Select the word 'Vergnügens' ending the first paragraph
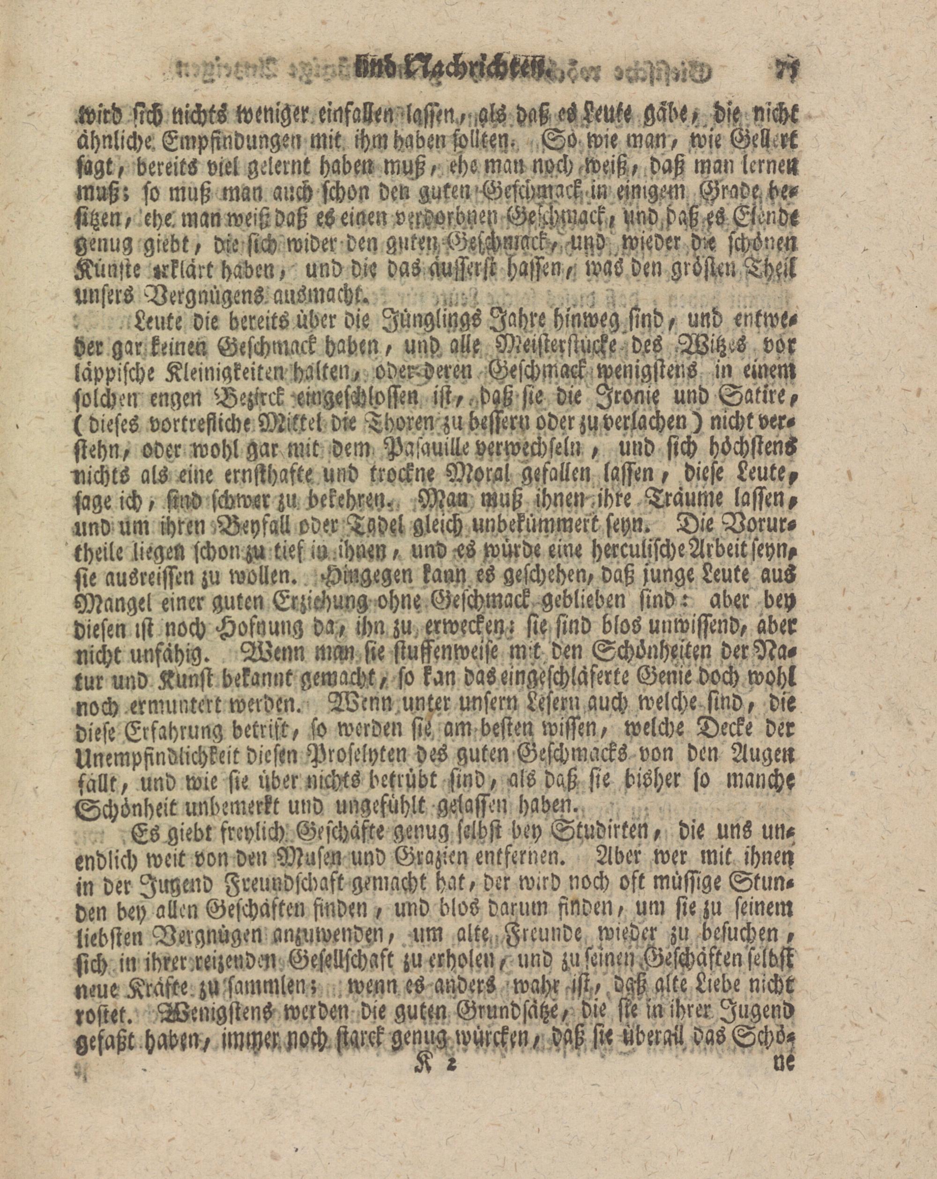tap(183, 297)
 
